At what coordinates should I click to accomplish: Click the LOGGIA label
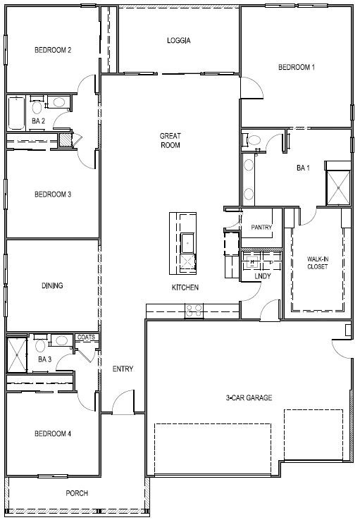click(178, 40)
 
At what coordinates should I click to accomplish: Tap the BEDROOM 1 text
click(297, 67)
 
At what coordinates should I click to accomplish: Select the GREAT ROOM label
click(170, 140)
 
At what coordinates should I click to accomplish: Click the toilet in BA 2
click(37, 107)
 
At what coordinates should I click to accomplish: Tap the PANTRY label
click(261, 227)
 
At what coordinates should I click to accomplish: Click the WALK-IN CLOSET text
click(317, 263)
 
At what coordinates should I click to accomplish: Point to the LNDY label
click(262, 277)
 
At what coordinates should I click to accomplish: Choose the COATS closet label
click(86, 338)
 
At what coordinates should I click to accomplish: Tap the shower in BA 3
click(16, 354)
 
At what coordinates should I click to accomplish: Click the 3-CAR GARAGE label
click(249, 397)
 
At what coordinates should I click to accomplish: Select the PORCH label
click(77, 493)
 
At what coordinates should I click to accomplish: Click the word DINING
click(52, 285)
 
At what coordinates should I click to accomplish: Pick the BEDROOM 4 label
click(53, 433)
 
